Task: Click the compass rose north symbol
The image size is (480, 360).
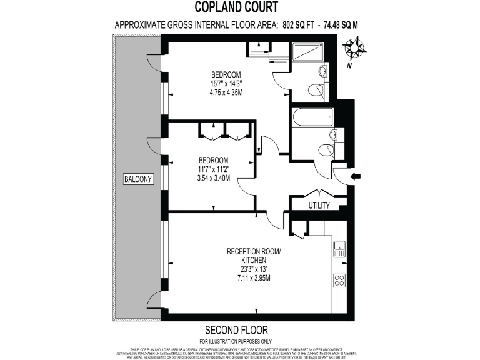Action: click(x=354, y=49)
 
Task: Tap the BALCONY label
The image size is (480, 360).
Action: click(x=138, y=179)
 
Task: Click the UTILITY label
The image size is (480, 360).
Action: click(x=319, y=205)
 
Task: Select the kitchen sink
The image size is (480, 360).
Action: click(x=339, y=249)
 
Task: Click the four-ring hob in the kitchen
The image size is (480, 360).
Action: click(x=340, y=280)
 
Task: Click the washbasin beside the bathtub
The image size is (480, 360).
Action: click(x=334, y=134)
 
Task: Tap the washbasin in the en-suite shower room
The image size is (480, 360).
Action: click(x=322, y=70)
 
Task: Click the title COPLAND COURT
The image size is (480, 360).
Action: click(x=239, y=8)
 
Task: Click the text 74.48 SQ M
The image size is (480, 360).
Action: click(x=340, y=26)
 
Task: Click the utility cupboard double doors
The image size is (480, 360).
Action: click(x=319, y=192)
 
